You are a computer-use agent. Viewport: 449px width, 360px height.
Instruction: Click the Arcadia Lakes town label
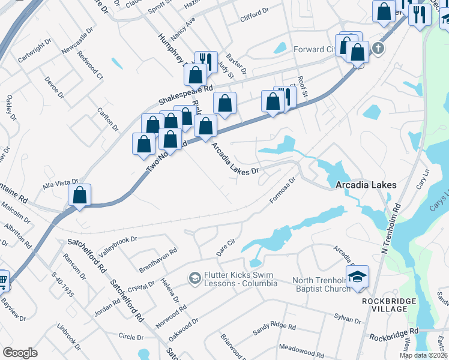tap(366, 185)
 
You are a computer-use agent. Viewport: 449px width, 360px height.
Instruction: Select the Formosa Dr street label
tap(284, 190)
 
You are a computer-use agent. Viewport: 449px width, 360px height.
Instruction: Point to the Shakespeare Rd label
tap(185, 95)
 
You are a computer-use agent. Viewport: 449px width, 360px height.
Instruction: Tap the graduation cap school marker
tap(357, 277)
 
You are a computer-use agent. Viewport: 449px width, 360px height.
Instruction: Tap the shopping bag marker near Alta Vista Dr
tap(79, 196)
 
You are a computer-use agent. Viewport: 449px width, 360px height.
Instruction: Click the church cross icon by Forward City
tap(377, 49)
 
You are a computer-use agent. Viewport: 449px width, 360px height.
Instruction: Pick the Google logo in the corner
tap(20, 352)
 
